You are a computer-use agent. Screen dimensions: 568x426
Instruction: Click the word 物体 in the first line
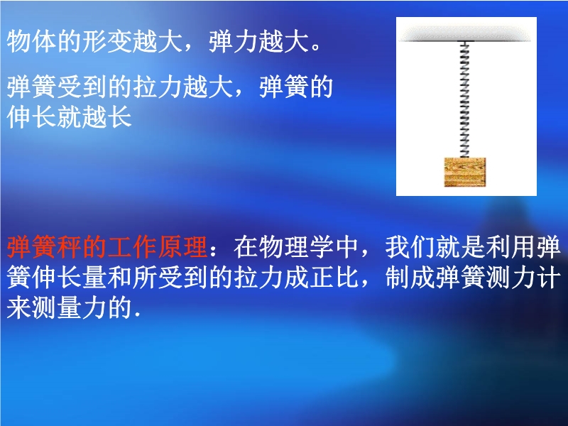32,41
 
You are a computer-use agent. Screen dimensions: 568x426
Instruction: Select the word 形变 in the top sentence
107,41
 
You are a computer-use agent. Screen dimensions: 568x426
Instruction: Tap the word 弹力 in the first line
234,41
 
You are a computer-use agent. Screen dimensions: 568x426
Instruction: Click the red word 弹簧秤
44,247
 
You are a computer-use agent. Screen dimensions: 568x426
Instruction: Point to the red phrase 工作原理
145,247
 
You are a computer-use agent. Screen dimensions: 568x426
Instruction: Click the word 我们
410,247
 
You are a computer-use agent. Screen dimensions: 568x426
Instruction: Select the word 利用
510,247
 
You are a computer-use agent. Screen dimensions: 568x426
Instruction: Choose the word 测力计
523,278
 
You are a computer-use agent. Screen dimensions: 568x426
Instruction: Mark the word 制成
410,278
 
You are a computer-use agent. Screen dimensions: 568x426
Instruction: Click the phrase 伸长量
70,278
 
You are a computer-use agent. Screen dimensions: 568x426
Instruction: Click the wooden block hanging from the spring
465,172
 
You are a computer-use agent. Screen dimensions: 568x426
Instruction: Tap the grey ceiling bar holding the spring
466,35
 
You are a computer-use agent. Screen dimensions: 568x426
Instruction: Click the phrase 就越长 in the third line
94,116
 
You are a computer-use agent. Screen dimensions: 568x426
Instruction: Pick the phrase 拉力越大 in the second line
182,87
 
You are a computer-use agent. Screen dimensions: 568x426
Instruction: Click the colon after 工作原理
214,250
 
